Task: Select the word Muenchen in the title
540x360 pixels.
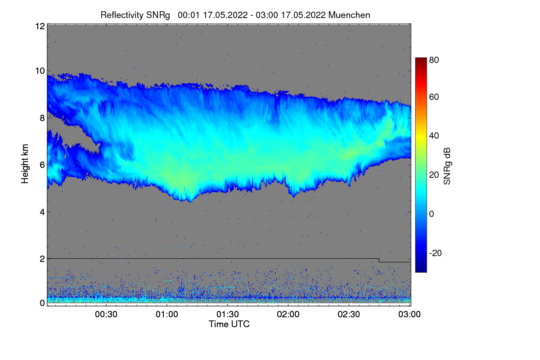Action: click(349, 15)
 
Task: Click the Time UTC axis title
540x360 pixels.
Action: click(229, 324)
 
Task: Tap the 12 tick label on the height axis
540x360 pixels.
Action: click(39, 26)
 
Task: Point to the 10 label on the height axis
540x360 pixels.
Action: click(39, 71)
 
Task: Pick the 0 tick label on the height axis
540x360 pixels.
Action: click(42, 303)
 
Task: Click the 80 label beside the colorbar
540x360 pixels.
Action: click(434, 60)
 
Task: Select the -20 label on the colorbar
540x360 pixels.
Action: click(435, 253)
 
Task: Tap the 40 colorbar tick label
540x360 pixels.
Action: click(434, 136)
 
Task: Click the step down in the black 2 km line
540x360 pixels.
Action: click(379, 260)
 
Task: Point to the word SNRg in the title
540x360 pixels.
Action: click(158, 15)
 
